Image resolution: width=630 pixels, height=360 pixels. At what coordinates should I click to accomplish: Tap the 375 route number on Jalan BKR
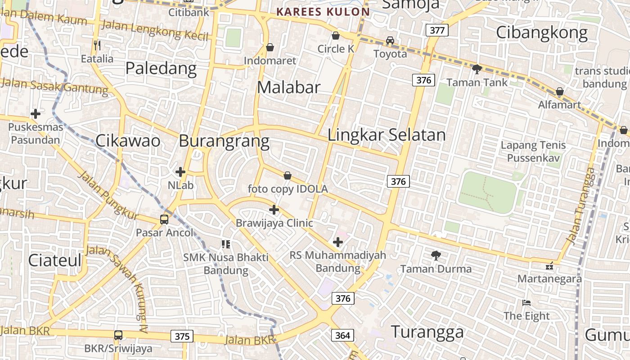coord(182,336)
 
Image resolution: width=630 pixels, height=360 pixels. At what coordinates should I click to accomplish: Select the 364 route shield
coord(342,335)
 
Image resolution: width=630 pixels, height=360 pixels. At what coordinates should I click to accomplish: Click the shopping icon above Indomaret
coord(270,47)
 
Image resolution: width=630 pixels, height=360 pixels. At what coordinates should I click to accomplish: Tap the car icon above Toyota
coord(390,40)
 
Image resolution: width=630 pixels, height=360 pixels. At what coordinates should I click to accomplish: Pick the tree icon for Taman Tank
coord(477,69)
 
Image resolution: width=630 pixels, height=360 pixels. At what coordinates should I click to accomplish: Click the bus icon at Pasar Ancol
coord(164,220)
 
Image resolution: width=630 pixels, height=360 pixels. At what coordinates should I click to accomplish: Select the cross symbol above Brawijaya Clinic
coord(274,210)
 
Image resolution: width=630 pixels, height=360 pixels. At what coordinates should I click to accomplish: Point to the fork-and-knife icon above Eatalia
coord(97,45)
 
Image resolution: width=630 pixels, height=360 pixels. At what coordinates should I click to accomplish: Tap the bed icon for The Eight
coord(526,303)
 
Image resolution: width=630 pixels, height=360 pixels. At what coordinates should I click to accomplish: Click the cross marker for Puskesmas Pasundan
coord(36,114)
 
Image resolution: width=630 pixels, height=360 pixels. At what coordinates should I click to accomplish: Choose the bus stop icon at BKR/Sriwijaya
coord(118,335)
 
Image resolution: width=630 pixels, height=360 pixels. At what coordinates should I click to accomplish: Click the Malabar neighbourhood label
coord(288,87)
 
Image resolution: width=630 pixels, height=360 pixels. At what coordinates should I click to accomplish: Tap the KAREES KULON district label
coord(323,12)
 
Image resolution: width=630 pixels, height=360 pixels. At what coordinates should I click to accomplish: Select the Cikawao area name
coord(128,141)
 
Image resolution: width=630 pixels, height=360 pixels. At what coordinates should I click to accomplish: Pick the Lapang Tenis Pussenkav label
coord(533,151)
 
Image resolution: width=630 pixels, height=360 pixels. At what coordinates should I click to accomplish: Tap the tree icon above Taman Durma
coord(436,256)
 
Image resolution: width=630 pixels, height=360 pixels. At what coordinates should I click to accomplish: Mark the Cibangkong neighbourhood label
coord(542,33)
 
